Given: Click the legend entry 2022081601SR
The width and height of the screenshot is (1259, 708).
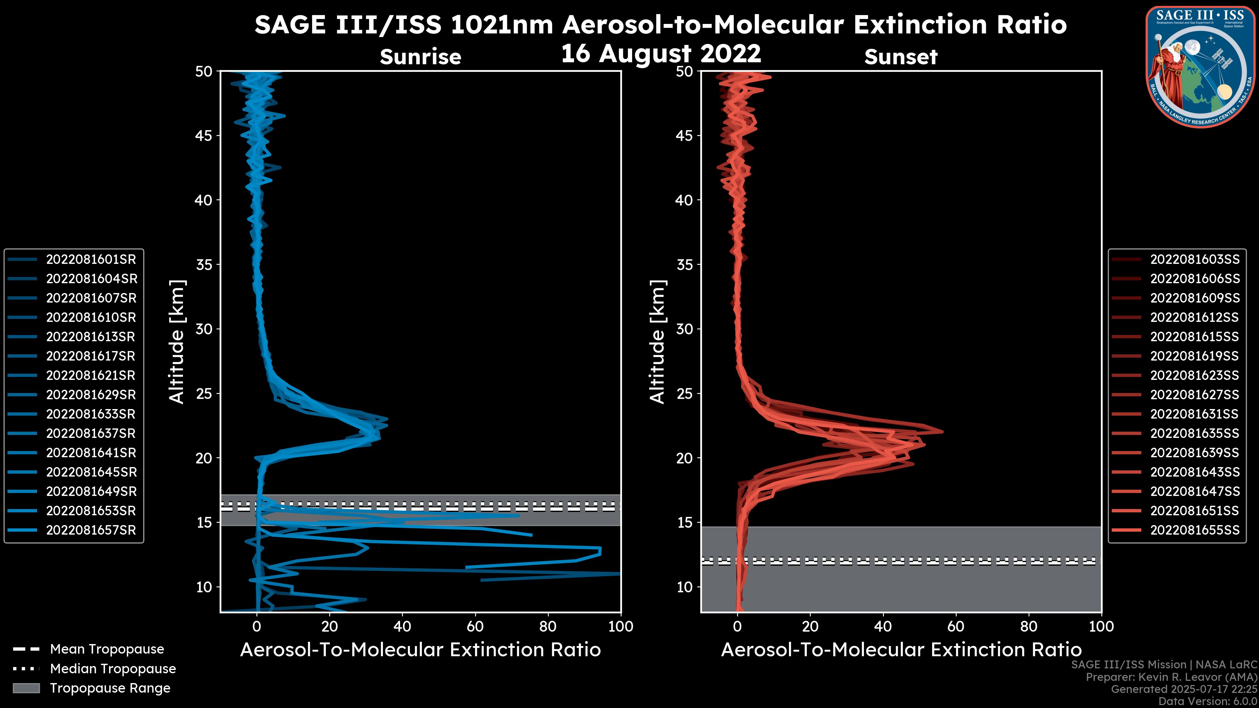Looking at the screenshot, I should [x=91, y=260].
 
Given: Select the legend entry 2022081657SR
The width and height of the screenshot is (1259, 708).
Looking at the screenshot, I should [x=91, y=530].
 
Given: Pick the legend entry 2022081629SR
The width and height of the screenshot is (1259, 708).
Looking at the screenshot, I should [x=91, y=395].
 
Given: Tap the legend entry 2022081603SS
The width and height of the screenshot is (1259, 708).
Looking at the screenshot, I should [x=1194, y=260].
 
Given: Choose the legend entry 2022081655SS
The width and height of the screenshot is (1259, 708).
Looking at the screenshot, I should [x=1194, y=530].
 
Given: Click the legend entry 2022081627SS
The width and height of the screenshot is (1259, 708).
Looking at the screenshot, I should [x=1194, y=395].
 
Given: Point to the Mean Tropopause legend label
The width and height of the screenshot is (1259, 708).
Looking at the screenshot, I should [x=107, y=649].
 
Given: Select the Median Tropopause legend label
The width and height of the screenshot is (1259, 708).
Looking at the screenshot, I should [x=113, y=669].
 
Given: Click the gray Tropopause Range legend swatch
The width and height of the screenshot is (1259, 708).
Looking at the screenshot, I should [x=26, y=688].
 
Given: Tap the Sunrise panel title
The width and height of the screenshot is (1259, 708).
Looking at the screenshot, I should [x=420, y=57].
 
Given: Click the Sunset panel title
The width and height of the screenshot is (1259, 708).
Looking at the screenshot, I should [x=901, y=57].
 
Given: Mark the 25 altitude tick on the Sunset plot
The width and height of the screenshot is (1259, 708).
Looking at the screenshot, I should [x=685, y=394].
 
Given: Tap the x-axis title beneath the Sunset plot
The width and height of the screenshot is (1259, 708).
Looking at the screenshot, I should [x=901, y=650].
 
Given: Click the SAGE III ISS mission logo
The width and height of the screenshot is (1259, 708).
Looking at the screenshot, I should [x=1199, y=67].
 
